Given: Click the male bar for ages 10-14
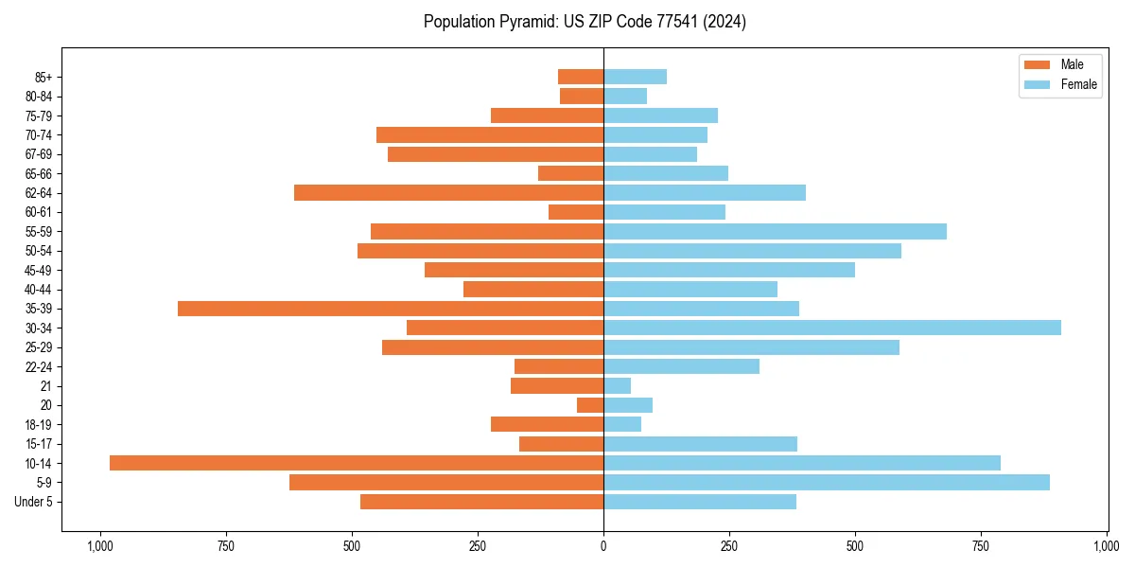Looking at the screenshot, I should click(x=357, y=463).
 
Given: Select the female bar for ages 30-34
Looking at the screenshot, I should click(x=832, y=328).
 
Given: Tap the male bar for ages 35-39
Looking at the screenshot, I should click(x=391, y=309).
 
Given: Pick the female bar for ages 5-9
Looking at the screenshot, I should click(x=827, y=483).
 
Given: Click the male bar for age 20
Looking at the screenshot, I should click(x=590, y=405).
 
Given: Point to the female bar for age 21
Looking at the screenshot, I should click(x=617, y=386).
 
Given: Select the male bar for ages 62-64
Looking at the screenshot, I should click(x=448, y=193).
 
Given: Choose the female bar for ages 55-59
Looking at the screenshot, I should click(x=775, y=232).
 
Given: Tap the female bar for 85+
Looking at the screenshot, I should click(x=635, y=77).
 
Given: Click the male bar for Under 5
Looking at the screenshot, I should click(x=481, y=502).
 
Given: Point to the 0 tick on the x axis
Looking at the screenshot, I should click(x=603, y=546).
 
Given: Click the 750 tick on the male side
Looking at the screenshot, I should click(x=225, y=546).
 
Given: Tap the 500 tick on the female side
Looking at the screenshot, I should click(x=855, y=546).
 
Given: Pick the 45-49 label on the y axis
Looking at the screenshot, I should click(x=39, y=270).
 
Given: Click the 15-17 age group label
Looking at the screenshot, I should click(x=39, y=444).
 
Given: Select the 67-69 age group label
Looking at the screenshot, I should click(x=39, y=154).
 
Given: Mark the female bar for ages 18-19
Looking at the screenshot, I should click(x=622, y=424).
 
